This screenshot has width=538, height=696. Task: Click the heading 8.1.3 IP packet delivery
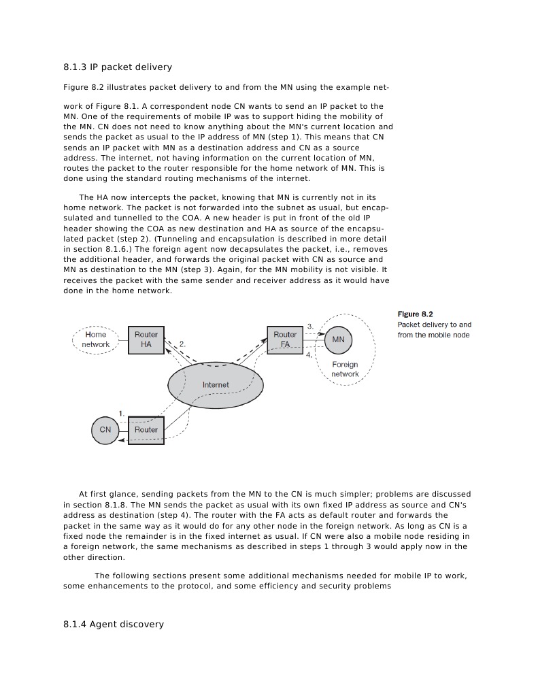pyautogui.click(x=117, y=67)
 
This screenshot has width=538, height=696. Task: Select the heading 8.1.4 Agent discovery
pyautogui.click(x=113, y=624)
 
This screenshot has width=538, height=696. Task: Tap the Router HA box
pyautogui.click(x=146, y=339)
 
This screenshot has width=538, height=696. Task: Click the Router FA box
pyautogui.click(x=286, y=339)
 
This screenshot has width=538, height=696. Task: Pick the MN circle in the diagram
pyautogui.click(x=338, y=339)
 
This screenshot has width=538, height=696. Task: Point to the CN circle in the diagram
pyautogui.click(x=105, y=430)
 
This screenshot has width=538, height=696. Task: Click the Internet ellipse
pyautogui.click(x=216, y=385)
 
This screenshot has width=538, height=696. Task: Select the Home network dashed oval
pyautogui.click(x=96, y=339)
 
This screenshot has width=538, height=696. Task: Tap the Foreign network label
pyautogui.click(x=345, y=369)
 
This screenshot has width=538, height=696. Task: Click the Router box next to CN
pyautogui.click(x=146, y=430)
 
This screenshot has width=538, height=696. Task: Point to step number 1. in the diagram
pyautogui.click(x=121, y=413)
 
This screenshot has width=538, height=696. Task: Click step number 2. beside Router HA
pyautogui.click(x=182, y=344)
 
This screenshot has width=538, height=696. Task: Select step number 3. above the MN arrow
pyautogui.click(x=310, y=327)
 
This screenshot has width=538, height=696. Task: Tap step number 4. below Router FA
pyautogui.click(x=309, y=355)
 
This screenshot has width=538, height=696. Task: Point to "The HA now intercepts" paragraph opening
pyautogui.click(x=127, y=197)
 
